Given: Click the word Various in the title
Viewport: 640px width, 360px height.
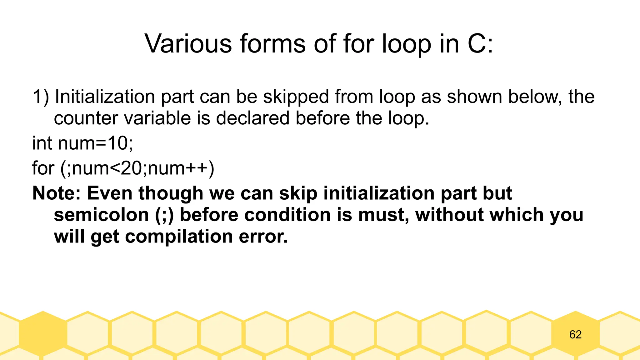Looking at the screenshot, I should [x=188, y=44].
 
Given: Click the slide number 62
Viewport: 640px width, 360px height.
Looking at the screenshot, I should [x=575, y=335].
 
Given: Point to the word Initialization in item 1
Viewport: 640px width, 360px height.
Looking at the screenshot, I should [x=105, y=97].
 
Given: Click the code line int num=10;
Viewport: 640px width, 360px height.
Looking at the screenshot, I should [x=82, y=143].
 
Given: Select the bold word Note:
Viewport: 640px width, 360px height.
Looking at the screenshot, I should [x=57, y=193].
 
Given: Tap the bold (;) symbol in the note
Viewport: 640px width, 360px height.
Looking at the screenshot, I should [x=164, y=215].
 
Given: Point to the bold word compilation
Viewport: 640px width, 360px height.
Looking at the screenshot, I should [x=179, y=237].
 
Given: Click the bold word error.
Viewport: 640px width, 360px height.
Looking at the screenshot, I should [x=263, y=237].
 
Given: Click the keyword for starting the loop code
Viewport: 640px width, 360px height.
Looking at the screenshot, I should [x=43, y=168].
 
